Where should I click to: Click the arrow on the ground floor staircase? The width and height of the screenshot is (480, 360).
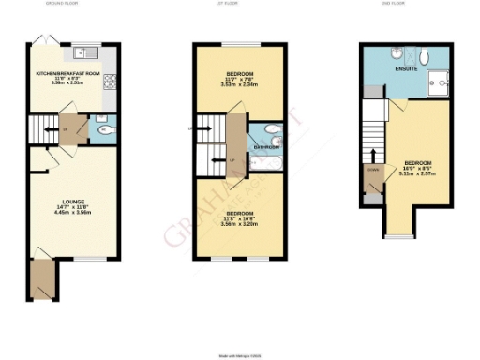pyautogui.click(x=45, y=128)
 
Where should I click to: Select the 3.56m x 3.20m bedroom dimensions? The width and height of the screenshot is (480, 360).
pyautogui.click(x=228, y=225)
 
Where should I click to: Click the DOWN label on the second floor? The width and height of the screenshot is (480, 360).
pyautogui.click(x=374, y=171)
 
